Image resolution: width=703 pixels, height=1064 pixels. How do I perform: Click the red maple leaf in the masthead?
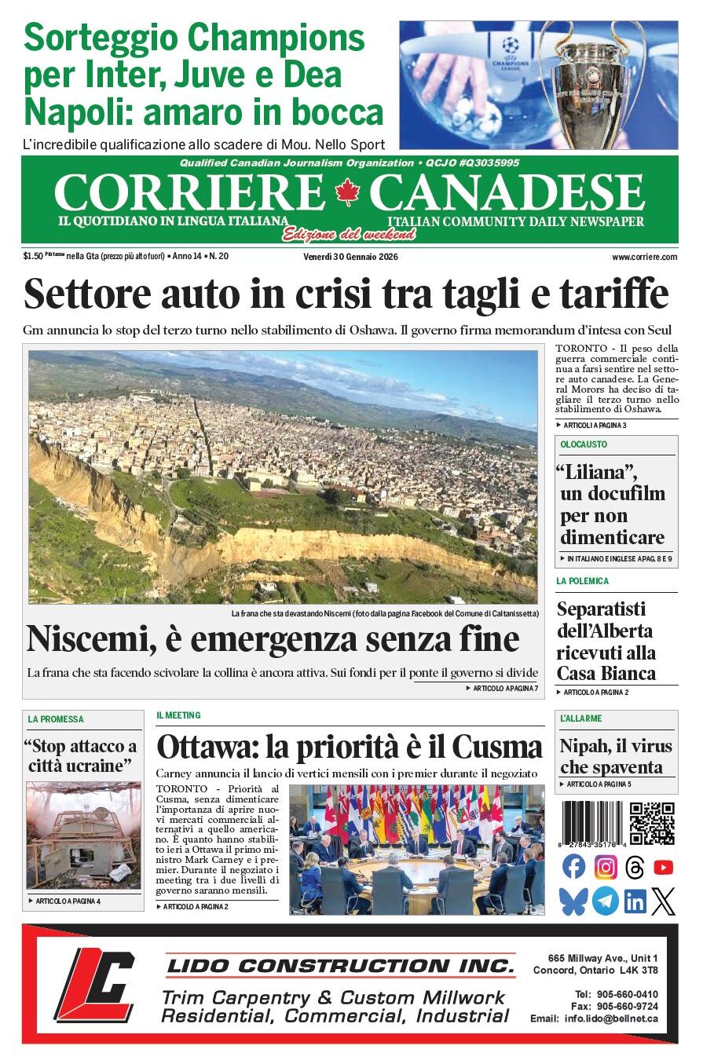(x=346, y=192)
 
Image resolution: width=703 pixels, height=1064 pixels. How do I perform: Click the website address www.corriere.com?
(x=644, y=257)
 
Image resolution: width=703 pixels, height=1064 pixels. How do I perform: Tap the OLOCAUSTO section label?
(x=584, y=444)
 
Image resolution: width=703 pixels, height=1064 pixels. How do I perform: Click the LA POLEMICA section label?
(x=582, y=581)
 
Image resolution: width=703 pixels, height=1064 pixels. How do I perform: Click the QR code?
(x=652, y=823)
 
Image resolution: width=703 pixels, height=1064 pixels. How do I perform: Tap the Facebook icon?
(x=574, y=867)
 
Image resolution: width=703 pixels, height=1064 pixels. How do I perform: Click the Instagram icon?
(x=605, y=867)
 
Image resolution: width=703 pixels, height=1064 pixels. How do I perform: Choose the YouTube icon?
(x=664, y=867)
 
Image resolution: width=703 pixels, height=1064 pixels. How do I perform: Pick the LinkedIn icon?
(x=635, y=901)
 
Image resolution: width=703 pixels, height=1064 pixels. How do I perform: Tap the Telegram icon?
(x=605, y=901)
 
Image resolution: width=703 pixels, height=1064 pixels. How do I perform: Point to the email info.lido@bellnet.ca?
(x=611, y=1019)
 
